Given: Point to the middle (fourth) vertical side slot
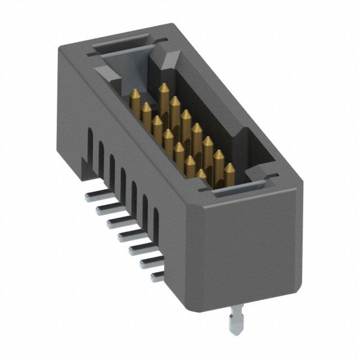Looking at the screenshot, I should tap(123, 179).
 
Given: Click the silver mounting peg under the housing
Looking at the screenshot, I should tap(235, 323).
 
